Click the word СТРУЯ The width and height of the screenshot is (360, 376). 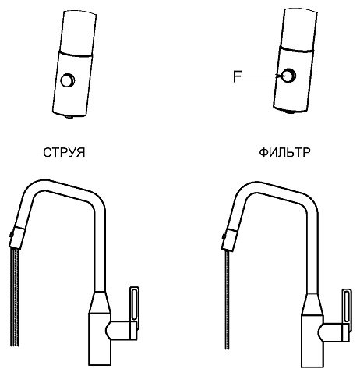(64, 153)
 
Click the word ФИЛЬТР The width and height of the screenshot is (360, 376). (284, 152)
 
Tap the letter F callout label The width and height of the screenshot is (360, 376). (237, 76)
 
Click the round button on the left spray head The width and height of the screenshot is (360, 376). (68, 80)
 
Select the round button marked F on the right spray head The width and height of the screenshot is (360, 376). (288, 76)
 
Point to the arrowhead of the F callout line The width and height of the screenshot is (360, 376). (280, 76)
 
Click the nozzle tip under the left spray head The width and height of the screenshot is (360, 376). (69, 116)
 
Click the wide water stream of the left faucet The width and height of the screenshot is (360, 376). (15, 297)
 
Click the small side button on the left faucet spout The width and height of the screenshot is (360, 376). (11, 234)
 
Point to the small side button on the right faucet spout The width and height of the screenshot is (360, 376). (224, 236)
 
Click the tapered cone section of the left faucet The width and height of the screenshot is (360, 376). (100, 302)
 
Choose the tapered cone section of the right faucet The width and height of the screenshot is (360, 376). (312, 305)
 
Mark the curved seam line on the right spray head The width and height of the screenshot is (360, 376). (297, 49)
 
